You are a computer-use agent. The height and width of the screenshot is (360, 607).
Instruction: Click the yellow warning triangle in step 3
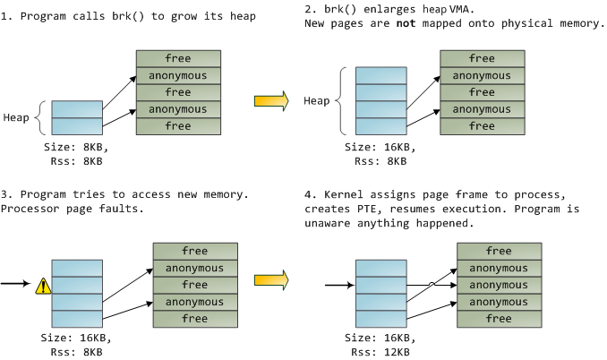click(x=42, y=287)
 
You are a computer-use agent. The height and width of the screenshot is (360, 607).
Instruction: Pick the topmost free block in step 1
click(x=177, y=58)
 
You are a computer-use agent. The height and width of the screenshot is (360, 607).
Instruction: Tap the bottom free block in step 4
click(x=499, y=318)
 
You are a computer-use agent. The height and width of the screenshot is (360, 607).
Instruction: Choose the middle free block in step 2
click(x=482, y=92)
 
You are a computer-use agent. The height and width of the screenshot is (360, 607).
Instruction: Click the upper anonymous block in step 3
click(x=194, y=268)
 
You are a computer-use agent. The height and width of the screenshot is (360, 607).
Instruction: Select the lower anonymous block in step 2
click(x=482, y=109)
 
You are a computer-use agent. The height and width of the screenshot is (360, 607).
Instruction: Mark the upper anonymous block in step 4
click(x=499, y=268)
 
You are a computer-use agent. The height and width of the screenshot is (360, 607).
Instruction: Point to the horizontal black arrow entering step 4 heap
click(x=339, y=287)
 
